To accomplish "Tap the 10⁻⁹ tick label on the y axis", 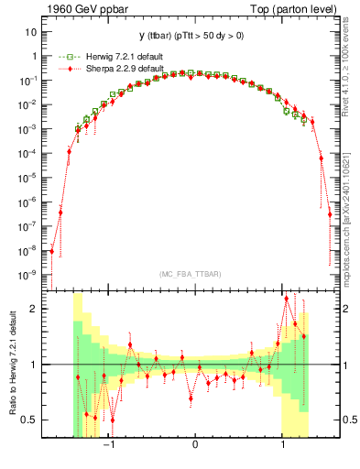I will pos(27,274).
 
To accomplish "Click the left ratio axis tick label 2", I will pos(34,309).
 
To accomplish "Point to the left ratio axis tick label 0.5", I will pos(30,420).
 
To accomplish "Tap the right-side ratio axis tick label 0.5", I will pos(349,420).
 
